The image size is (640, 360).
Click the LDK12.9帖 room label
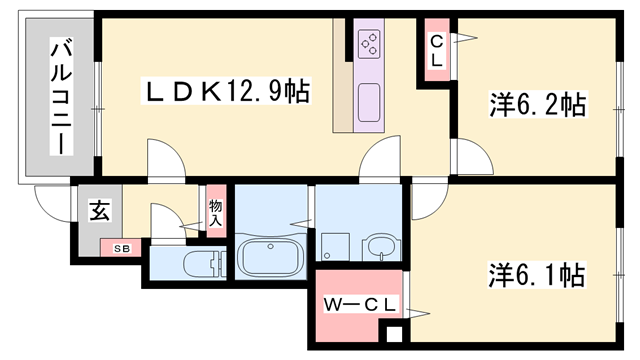tap(226, 91)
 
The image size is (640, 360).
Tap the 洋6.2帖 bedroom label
tap(538, 104)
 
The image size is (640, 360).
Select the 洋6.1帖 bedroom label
tap(537, 275)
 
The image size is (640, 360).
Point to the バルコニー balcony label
tap(61, 96)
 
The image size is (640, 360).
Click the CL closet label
tap(437, 51)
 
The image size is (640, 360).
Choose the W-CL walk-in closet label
tap(360, 304)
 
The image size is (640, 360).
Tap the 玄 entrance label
tap(100, 211)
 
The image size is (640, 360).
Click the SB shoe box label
tap(121, 248)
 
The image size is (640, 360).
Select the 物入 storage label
tap(216, 213)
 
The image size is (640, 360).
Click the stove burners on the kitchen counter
tap(369, 44)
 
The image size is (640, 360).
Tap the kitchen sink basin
tap(369, 102)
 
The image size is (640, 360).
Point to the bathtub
tap(270, 258)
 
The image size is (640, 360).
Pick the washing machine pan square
tap(335, 247)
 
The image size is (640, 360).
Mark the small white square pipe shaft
tap(394, 334)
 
